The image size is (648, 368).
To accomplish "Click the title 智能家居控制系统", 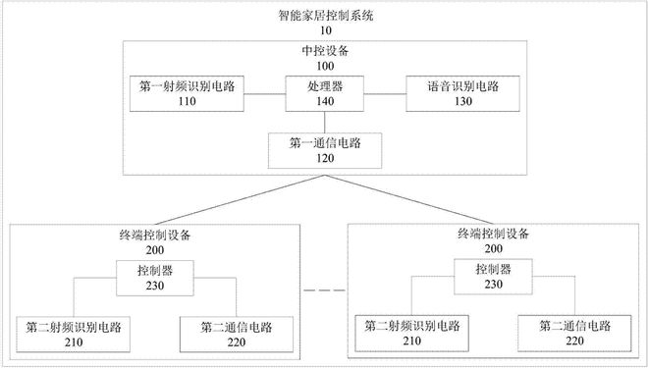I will point(326,15).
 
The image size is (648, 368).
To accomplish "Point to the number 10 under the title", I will point(326,30).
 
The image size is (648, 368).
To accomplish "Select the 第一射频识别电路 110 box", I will point(188,93).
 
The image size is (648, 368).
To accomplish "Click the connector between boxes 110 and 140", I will point(265,93).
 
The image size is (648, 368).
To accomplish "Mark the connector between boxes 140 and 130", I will point(386,93).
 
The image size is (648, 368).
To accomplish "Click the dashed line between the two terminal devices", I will point(324,291).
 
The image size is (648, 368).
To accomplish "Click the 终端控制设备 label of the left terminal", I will point(154,237).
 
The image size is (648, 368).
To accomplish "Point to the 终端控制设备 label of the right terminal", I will point(494,235).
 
